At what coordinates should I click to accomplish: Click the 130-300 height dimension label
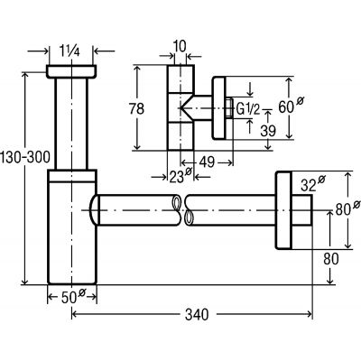coord(24,157)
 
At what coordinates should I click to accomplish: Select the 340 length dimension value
coord(197,315)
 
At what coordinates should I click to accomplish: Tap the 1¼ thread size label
coord(69,51)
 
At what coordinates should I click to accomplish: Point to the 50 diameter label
coord(73,297)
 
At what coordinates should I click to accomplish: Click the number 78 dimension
coord(136,108)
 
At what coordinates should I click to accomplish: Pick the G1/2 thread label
coord(248,108)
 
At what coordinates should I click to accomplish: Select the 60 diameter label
coord(291,106)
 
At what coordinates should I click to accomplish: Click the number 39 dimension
coord(268,131)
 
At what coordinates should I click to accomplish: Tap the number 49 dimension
coord(207,162)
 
